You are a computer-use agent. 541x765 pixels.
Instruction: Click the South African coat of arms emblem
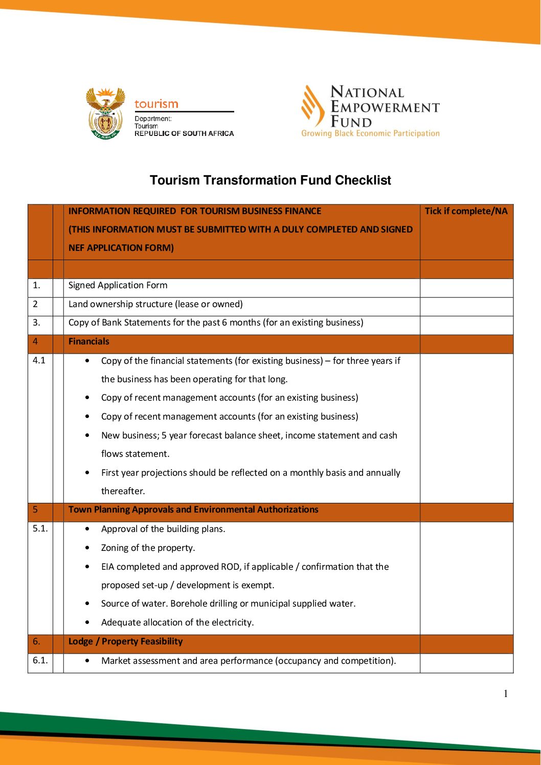pos(105,114)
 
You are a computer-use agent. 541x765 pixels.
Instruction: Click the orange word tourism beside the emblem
pos(156,104)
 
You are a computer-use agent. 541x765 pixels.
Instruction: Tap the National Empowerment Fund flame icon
pos(312,106)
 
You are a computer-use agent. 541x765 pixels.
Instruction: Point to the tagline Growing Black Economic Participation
pos(370,133)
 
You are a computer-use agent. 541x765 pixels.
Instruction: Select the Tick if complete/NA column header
pos(466,211)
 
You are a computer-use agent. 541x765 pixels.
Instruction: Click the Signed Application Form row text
pos(118,285)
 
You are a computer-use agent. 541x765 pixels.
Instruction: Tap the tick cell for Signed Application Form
pos(466,288)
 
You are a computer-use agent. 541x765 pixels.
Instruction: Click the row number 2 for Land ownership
pos(35,304)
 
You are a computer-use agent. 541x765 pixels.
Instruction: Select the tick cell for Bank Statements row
pos(466,325)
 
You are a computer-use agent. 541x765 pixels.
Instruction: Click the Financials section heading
pos(89,341)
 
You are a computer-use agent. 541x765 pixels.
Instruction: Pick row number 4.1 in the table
pos(39,360)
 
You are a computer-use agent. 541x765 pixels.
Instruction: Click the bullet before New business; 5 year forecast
pos(87,435)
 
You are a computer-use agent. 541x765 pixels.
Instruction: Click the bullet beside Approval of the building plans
pos(87,529)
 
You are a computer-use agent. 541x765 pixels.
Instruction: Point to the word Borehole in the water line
pos(189,604)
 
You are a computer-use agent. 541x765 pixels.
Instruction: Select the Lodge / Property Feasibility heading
pos(125,641)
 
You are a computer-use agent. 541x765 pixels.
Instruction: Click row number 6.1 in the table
pos(40,660)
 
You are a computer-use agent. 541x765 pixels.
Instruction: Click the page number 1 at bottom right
pos(506,693)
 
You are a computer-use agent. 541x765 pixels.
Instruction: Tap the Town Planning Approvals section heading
pos(193,509)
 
